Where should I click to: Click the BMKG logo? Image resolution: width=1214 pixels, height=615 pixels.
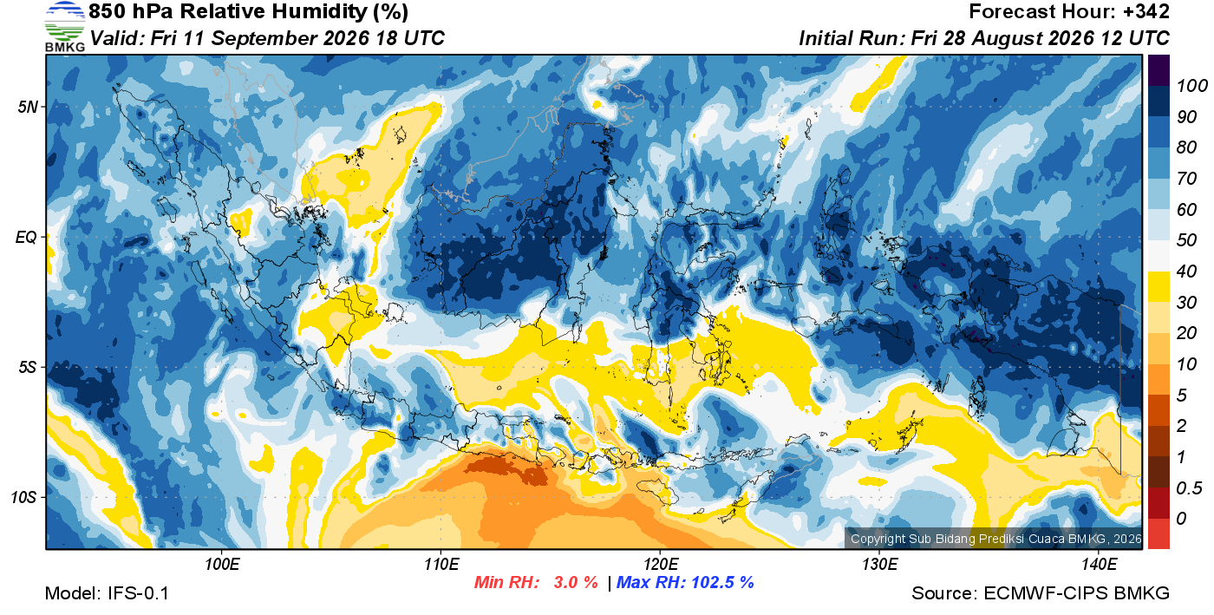pyautogui.click(x=64, y=26)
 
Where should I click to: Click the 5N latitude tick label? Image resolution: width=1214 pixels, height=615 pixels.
pyautogui.click(x=28, y=107)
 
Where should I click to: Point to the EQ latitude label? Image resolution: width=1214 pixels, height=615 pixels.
pyautogui.click(x=27, y=237)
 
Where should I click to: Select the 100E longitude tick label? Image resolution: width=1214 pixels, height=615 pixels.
pyautogui.click(x=222, y=564)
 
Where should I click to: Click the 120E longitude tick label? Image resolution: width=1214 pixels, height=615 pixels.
pyautogui.click(x=661, y=564)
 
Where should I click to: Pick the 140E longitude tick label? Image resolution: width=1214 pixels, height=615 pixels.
pyautogui.click(x=1100, y=564)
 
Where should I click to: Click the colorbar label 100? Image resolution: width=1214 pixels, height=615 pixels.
pyautogui.click(x=1191, y=86)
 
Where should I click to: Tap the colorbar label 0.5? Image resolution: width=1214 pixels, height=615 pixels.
pyautogui.click(x=1189, y=488)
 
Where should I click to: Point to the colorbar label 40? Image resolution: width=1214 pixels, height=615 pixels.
pyautogui.click(x=1186, y=272)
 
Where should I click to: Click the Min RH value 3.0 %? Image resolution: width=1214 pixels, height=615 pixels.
pyautogui.click(x=576, y=582)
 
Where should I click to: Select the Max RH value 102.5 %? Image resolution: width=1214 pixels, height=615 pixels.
pyautogui.click(x=723, y=582)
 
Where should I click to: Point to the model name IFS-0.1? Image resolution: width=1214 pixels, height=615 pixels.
pyautogui.click(x=138, y=593)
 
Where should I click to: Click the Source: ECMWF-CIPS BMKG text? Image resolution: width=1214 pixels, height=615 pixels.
pyautogui.click(x=1041, y=593)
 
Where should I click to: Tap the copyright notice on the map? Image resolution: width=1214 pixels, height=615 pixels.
pyautogui.click(x=995, y=539)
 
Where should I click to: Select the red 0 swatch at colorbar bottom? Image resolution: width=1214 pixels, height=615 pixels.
pyautogui.click(x=1159, y=533)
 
